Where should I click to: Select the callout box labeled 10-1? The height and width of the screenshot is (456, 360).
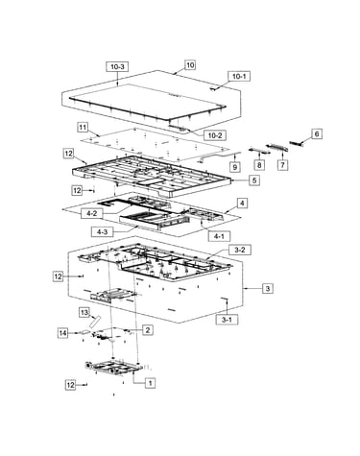coord(239,77)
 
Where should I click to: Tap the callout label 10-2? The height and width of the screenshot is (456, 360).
coord(215,135)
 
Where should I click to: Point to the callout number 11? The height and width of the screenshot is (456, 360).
coord(83,128)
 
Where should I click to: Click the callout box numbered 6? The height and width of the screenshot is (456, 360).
coord(317,133)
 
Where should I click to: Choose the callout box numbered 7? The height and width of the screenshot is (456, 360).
coord(282,165)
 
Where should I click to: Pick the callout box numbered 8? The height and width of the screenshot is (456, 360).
coord(259,165)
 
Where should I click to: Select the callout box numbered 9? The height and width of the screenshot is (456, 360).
coord(235,167)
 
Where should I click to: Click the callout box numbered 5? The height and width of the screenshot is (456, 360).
coord(254,180)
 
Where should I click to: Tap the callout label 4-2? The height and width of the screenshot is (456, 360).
coord(92,213)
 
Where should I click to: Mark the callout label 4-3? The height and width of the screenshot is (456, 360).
coord(102,232)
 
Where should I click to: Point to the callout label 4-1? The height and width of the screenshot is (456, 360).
coord(219,236)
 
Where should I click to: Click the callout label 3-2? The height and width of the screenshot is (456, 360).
coord(240,250)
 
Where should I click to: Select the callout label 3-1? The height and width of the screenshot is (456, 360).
coord(227,320)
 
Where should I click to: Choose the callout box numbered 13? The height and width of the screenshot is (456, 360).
coord(84,312)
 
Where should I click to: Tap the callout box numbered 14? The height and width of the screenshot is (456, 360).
coord(63,333)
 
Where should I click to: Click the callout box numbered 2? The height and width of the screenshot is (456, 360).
coord(148,329)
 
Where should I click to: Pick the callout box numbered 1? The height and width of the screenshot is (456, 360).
coord(150,382)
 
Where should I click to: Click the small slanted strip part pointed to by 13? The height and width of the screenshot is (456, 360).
coord(95,322)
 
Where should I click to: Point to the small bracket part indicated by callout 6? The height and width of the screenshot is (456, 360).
coord(296,143)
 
